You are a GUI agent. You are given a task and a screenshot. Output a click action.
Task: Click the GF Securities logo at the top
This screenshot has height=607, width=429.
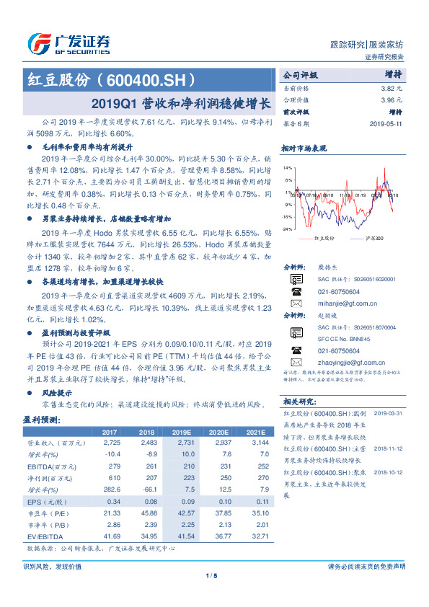click(69, 42)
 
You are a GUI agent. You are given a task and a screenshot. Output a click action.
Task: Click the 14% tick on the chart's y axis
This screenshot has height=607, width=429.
click(288, 167)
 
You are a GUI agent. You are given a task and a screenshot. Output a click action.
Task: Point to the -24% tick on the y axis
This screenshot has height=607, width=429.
click(287, 229)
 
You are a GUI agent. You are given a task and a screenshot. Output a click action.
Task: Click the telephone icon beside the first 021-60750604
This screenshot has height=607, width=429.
click(296, 291)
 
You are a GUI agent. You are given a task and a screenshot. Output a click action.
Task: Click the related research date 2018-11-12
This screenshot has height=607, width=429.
click(387, 448)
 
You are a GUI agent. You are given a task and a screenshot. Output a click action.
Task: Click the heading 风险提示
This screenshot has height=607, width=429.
click(57, 393)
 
